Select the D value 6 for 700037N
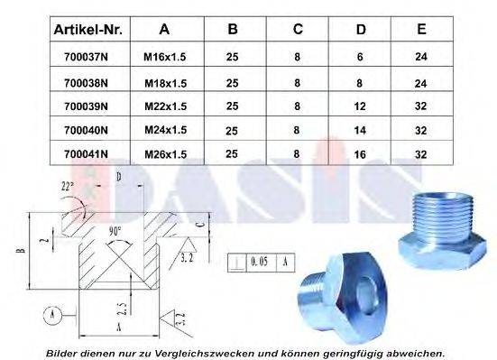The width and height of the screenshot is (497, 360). click(x=361, y=56)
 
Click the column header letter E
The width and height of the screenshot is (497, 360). click(x=420, y=30)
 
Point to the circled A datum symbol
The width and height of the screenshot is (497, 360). click(x=52, y=314)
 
